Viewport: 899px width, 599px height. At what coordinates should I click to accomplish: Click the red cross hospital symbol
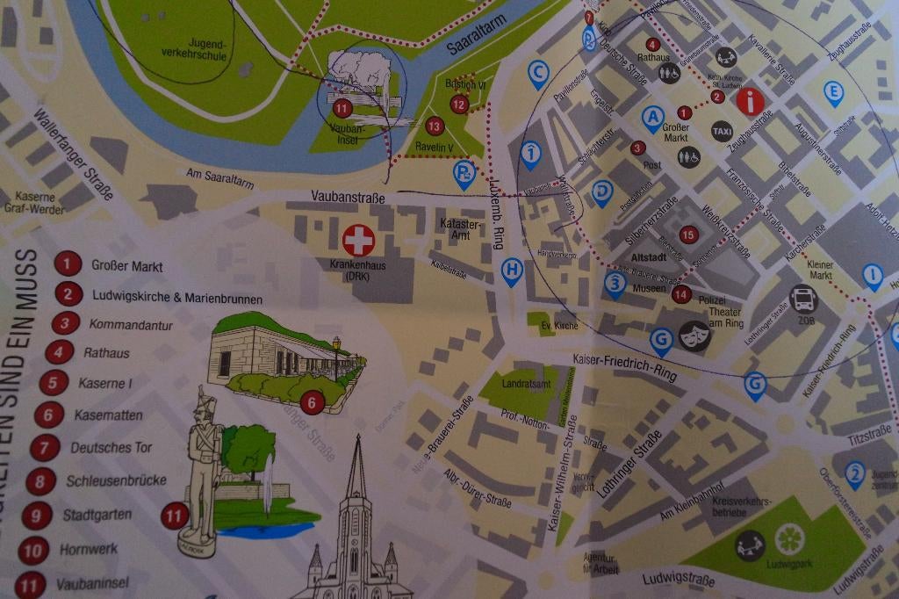358,240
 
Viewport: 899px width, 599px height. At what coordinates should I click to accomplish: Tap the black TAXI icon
722,131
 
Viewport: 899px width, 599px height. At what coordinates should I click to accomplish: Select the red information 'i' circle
750,102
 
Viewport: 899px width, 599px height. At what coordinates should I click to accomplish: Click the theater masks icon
694,336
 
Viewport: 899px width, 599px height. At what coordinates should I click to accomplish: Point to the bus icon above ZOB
803,299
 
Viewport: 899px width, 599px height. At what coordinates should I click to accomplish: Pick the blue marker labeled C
538,73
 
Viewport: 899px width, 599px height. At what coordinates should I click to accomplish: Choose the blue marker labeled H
512,271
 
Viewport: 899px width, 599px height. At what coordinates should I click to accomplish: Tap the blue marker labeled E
833,92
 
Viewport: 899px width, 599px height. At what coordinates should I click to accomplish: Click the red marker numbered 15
688,235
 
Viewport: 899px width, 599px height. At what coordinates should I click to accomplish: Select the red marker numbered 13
434,126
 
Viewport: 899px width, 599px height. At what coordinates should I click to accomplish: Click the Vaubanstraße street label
348,198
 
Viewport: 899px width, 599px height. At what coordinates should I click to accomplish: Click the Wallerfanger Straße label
75,154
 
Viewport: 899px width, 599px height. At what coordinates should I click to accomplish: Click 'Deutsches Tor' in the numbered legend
111,448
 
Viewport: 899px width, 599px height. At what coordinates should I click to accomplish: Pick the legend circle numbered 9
36,515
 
